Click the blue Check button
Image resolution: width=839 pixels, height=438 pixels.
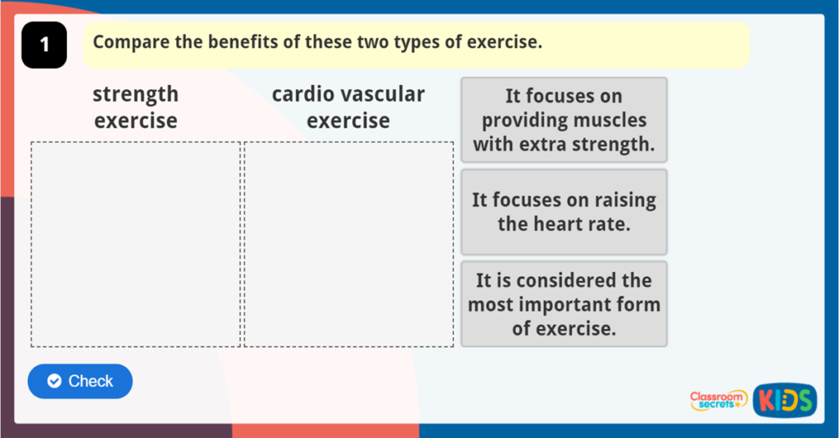(80, 382)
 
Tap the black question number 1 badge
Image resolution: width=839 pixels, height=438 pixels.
(44, 45)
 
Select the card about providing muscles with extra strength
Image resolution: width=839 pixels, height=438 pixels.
(564, 120)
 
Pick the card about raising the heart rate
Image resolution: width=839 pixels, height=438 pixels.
(564, 212)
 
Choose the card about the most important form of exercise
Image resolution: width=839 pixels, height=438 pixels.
(564, 304)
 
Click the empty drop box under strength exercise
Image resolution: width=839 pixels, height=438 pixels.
(136, 245)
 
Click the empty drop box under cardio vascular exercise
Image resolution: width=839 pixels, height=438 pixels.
(349, 245)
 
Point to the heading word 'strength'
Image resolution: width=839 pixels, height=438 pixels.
(136, 95)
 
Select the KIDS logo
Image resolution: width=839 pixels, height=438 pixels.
(785, 400)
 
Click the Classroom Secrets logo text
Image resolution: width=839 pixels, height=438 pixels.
(718, 400)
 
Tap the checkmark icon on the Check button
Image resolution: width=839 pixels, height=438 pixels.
(55, 381)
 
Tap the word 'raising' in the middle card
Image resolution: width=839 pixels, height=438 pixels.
(625, 201)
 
